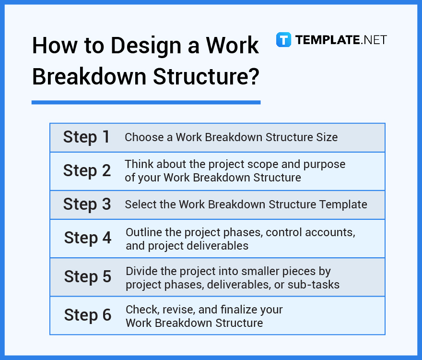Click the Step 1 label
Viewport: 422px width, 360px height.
86,137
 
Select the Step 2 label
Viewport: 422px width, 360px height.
87,171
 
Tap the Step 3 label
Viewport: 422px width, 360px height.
87,204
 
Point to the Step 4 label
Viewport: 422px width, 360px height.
87,238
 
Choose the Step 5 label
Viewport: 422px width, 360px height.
87,276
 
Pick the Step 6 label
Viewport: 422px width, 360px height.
87,315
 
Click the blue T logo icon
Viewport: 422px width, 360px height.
283,39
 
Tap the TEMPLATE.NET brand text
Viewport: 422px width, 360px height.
341,40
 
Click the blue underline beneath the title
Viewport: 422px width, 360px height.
146,102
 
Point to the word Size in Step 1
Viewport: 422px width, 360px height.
327,137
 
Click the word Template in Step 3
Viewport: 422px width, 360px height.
344,204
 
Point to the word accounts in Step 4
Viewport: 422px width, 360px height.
331,232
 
